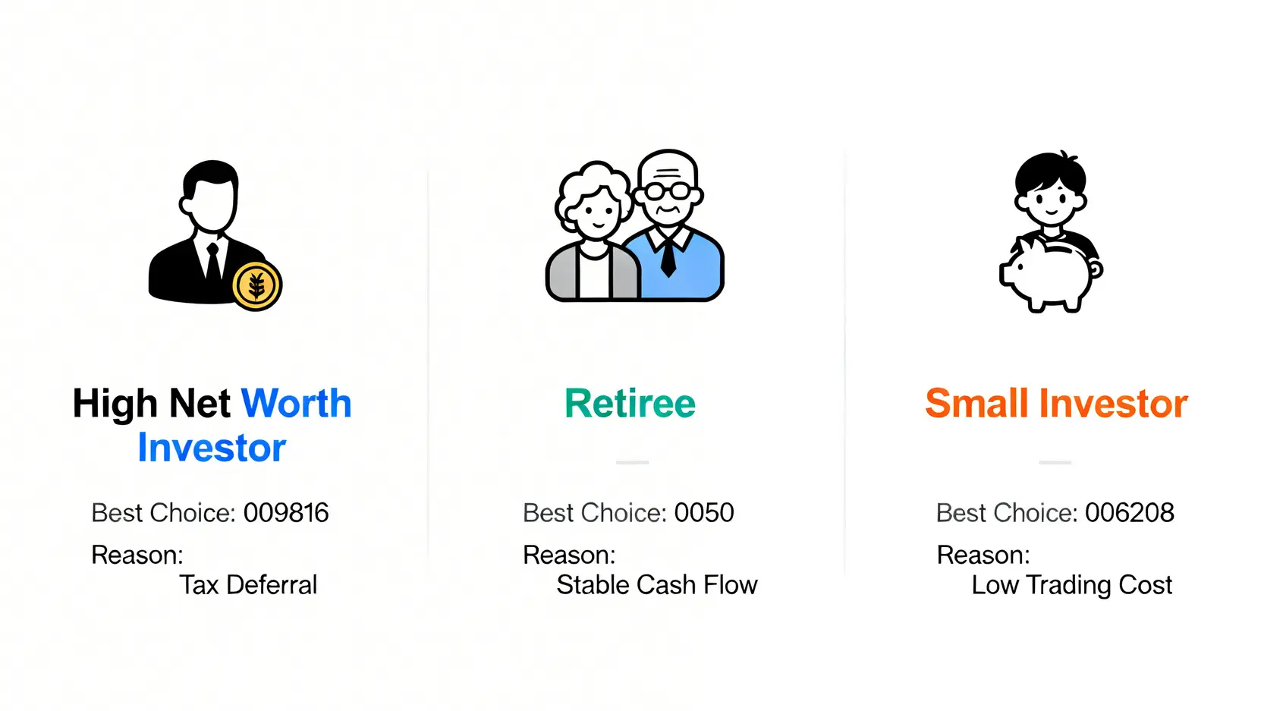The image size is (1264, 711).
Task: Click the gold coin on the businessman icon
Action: [256, 286]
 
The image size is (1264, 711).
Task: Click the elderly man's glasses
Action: [668, 190]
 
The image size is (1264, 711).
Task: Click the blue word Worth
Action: [296, 404]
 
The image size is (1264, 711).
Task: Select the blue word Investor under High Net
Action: [212, 448]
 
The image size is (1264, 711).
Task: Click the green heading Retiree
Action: [630, 404]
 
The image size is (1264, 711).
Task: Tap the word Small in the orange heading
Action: [976, 404]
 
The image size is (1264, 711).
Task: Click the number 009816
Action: [286, 513]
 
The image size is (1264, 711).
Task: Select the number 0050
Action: [704, 513]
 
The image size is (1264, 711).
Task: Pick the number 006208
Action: [1130, 513]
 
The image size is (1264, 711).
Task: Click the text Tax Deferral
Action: [248, 585]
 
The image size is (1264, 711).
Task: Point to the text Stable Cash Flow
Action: [657, 585]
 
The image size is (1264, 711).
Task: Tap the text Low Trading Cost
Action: [1072, 585]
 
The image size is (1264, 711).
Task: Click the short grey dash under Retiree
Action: [632, 462]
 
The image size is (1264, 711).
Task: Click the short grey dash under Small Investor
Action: [1055, 462]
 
